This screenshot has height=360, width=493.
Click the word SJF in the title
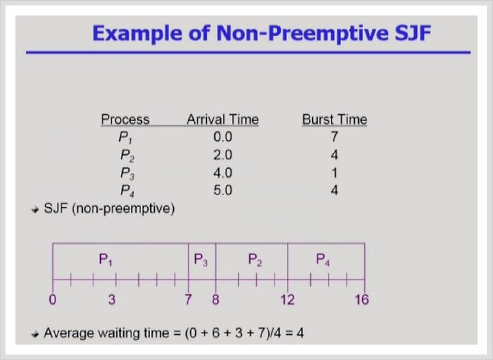tap(412, 33)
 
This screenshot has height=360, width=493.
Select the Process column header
tap(125, 120)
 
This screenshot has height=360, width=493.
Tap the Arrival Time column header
tap(223, 120)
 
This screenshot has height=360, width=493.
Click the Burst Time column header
tap(335, 120)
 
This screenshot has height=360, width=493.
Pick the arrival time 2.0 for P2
tap(223, 155)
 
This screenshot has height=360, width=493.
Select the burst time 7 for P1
tap(334, 137)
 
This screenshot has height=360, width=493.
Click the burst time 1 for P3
tap(334, 172)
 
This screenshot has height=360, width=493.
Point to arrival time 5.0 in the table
tap(223, 190)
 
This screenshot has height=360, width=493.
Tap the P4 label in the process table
tap(127, 191)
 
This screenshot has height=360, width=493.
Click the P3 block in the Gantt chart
tap(202, 261)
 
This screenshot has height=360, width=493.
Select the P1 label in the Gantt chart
tap(105, 260)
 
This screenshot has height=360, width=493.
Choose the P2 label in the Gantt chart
tap(255, 260)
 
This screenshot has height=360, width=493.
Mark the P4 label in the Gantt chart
tap(323, 260)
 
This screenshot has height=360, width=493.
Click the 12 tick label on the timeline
tap(288, 300)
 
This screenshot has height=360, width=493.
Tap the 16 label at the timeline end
tap(362, 300)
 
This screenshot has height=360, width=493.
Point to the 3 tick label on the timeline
tap(112, 300)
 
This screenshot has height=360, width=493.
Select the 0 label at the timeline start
tap(53, 300)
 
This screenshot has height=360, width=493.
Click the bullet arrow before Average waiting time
tap(35, 334)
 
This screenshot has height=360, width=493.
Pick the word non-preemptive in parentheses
tap(123, 209)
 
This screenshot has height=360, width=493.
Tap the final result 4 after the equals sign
tap(300, 333)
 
